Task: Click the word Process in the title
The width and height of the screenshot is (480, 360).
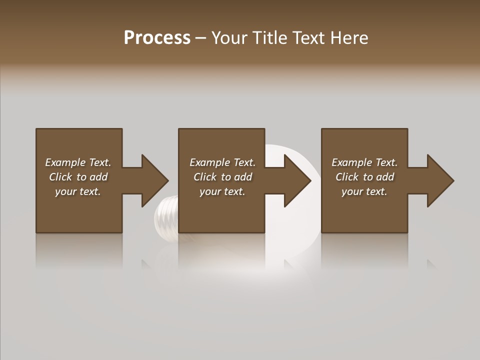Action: (x=157, y=38)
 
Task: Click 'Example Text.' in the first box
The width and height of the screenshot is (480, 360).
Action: (x=78, y=162)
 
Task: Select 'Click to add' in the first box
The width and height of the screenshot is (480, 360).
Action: (x=78, y=177)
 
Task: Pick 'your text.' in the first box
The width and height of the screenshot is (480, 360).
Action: (x=78, y=191)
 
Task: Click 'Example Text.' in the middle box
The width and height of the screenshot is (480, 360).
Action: (x=222, y=162)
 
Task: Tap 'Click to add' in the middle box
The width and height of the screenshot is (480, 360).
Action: (x=222, y=177)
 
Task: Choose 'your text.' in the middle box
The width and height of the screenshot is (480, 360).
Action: (x=222, y=191)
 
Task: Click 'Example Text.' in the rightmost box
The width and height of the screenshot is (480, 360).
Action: (x=364, y=162)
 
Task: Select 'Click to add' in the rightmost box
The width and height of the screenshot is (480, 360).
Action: (x=364, y=177)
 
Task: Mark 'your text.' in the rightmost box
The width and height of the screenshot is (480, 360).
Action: (x=364, y=191)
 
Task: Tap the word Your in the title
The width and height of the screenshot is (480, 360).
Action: (x=227, y=38)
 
